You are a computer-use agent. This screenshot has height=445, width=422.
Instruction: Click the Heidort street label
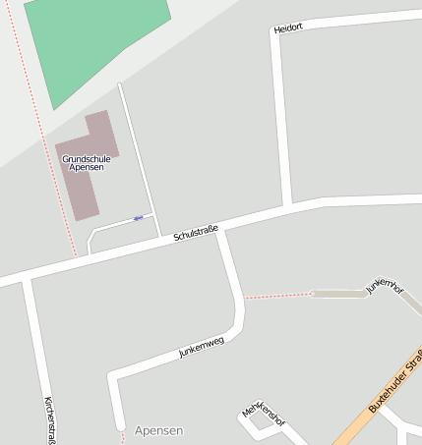click(288, 28)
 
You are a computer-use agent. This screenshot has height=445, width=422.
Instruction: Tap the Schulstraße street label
click(195, 234)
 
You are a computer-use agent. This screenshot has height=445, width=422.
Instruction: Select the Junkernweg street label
click(202, 346)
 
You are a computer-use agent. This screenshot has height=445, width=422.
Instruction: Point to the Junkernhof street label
click(385, 286)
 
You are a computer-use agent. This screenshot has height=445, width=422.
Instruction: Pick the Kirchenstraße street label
click(49, 419)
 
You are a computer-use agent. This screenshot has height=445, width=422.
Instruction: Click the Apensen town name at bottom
click(158, 431)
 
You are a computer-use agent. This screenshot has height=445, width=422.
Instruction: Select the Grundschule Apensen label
click(86, 163)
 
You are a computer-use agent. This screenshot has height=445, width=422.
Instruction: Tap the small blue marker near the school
click(138, 217)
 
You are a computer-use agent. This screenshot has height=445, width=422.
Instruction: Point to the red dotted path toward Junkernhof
click(277, 295)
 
